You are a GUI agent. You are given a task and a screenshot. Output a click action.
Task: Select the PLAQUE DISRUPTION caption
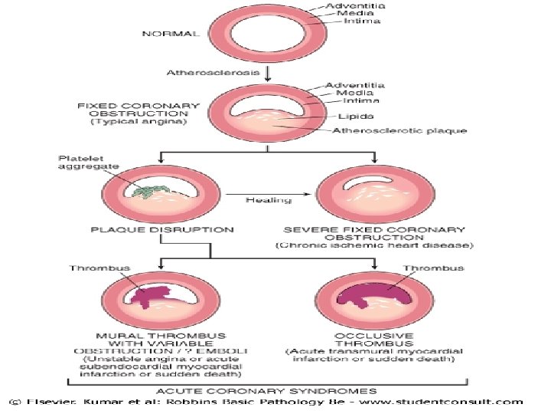[162, 228]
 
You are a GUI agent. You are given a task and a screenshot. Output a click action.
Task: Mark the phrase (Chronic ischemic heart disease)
[373, 245]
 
